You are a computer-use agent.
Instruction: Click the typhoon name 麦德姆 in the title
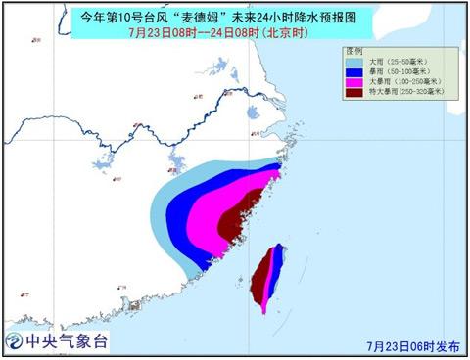(200, 15)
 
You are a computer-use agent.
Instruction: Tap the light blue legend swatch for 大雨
(353, 61)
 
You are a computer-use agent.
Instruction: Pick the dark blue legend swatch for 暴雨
(353, 71)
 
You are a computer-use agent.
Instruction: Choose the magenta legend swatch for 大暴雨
(353, 82)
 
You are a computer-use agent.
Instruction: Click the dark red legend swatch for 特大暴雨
(353, 93)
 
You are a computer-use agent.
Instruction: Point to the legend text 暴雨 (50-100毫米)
(394, 71)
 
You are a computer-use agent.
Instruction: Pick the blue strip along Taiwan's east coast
(281, 262)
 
